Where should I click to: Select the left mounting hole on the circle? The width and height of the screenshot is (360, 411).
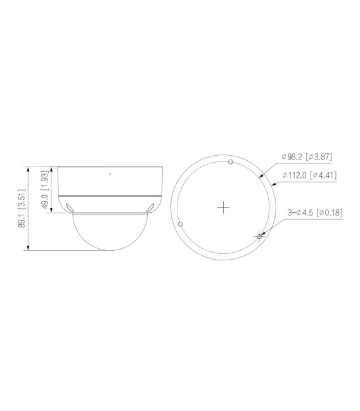tap(182, 224)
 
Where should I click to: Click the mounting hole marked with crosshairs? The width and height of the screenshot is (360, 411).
tap(259, 236)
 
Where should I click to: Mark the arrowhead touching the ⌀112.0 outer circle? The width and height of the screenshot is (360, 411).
tap(273, 184)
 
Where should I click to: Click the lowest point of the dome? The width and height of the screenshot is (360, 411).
tap(109, 250)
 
